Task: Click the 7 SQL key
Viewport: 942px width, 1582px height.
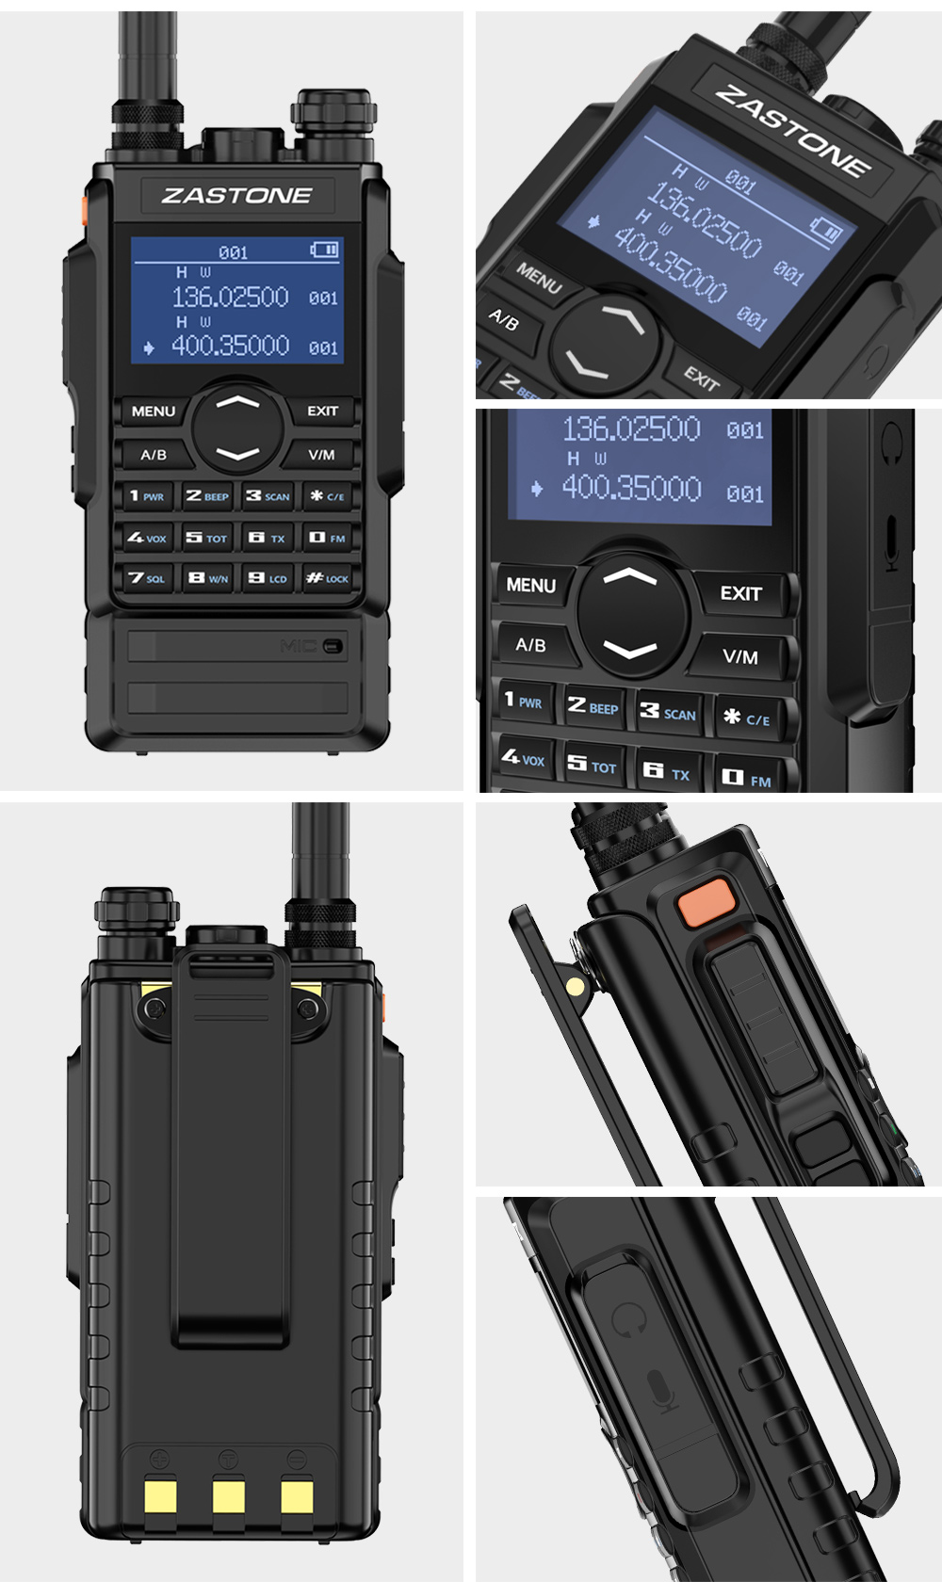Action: click(147, 578)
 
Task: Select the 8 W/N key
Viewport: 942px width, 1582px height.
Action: click(207, 578)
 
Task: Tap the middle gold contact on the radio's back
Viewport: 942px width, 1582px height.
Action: click(229, 1496)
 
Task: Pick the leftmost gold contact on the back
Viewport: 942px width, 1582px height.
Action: click(161, 1496)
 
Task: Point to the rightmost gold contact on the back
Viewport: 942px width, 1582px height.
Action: click(297, 1496)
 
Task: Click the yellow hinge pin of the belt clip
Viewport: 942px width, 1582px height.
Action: click(574, 986)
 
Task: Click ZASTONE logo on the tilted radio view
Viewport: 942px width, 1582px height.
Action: click(792, 132)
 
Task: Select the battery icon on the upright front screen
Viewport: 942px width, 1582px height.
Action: click(325, 250)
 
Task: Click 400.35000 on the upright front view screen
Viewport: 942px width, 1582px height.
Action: click(230, 347)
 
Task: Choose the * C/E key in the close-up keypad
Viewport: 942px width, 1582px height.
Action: click(746, 718)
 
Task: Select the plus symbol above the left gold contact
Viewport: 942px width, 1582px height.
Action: click(160, 1458)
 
